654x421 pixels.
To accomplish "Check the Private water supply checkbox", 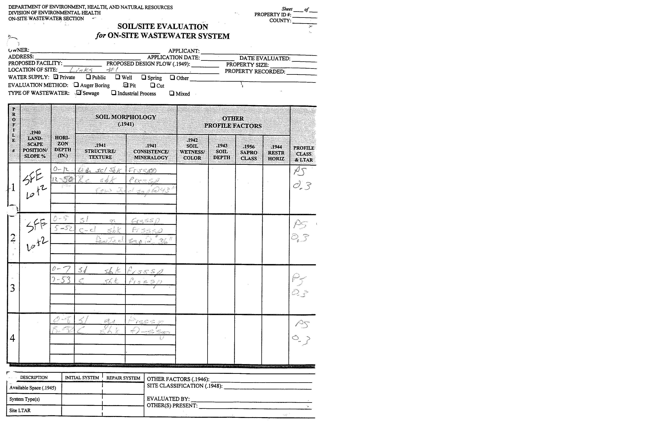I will tap(56, 77).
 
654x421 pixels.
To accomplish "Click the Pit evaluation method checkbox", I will tap(126, 85).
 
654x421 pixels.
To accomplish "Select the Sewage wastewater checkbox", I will tap(79, 93).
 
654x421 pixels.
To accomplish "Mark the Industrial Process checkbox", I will tap(114, 93).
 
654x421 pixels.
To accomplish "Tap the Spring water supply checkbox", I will tap(144, 77).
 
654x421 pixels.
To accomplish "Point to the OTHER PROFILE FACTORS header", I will tap(233, 122).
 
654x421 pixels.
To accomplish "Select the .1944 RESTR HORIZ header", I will tap(276, 153).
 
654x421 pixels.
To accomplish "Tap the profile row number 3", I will tap(13, 288).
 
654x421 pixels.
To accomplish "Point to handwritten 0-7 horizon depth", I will tap(61, 270).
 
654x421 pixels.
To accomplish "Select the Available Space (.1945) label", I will tap(33, 388).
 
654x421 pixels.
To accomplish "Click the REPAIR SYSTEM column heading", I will tap(123, 378).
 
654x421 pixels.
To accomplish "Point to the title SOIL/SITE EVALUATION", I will tap(163, 26).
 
